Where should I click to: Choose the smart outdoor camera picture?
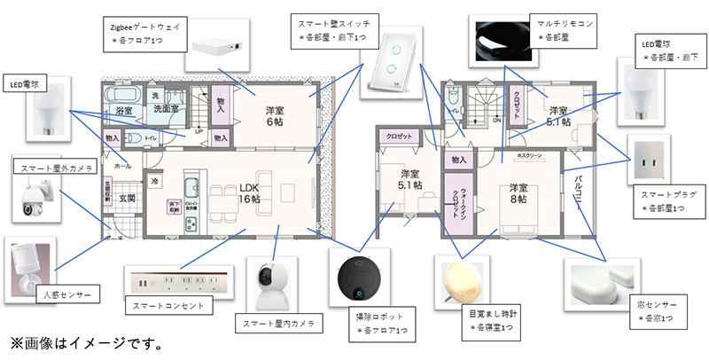tap(36, 199)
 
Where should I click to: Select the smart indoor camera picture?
tap(269, 282)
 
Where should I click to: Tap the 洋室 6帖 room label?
tap(276, 116)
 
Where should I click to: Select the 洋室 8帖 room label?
tap(518, 194)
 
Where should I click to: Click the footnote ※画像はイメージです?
tap(85, 341)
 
